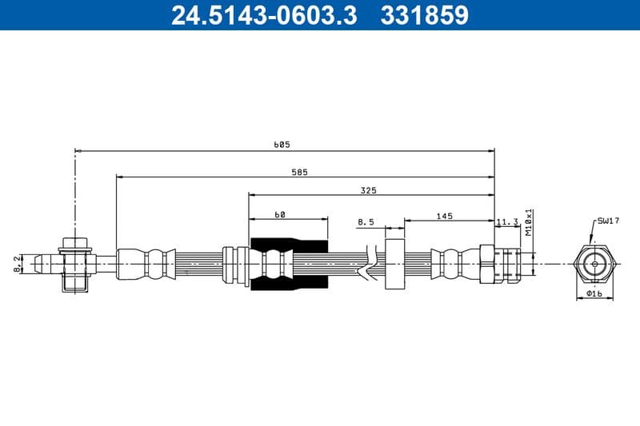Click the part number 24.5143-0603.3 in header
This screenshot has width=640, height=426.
263,15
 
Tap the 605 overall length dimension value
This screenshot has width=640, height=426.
282,145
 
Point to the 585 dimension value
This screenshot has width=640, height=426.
299,171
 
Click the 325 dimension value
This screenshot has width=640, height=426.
368,190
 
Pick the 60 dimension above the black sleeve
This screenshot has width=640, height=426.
280,214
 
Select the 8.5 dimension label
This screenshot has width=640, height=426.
366,222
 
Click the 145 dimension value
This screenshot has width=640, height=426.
445,215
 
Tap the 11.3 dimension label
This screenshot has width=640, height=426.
507,221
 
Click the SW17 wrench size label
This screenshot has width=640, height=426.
608,220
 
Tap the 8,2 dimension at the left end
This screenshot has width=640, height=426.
17,263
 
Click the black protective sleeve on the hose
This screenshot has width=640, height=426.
289,264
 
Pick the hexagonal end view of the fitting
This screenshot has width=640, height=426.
594,263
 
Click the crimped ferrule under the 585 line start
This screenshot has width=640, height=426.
146,264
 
